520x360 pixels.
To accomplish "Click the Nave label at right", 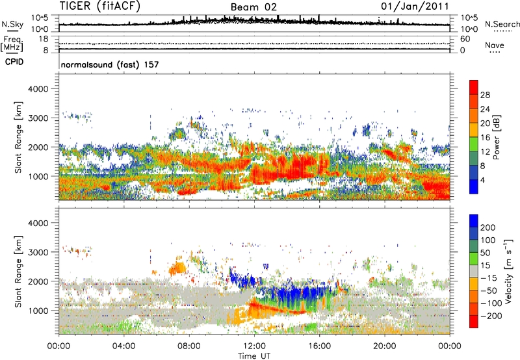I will pyautogui.click(x=499, y=47).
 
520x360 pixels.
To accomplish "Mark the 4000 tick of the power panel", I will pyautogui.click(x=44, y=88).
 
